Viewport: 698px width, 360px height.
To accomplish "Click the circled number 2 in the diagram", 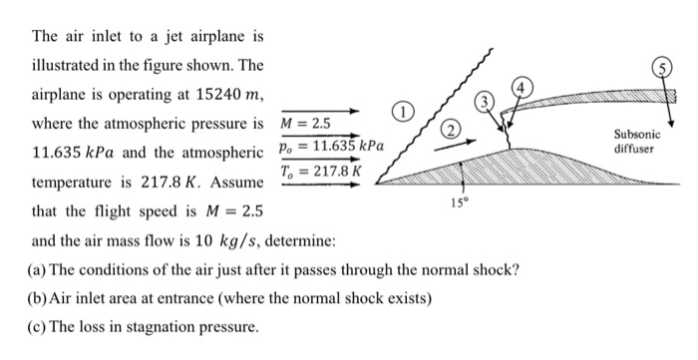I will (450, 128).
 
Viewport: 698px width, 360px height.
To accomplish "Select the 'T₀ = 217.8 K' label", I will (319, 171).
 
